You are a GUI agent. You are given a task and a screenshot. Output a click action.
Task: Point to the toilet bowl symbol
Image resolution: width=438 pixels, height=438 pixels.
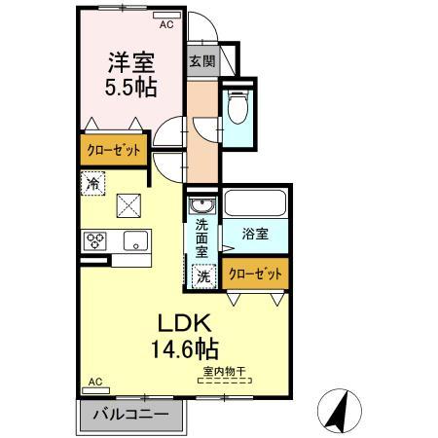[x=237, y=104]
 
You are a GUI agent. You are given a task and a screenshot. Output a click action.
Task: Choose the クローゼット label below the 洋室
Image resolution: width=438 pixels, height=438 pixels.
[x=111, y=150]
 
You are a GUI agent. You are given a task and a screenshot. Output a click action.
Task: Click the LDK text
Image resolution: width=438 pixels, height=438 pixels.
[x=181, y=323]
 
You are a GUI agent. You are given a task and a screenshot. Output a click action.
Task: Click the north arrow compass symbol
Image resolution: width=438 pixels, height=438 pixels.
[x=342, y=409]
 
